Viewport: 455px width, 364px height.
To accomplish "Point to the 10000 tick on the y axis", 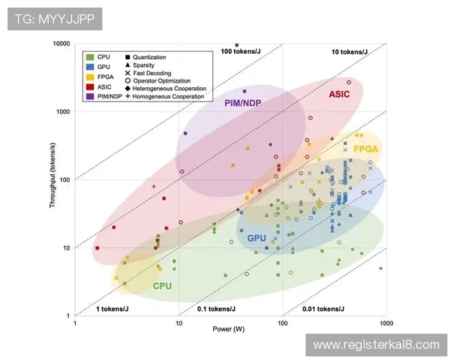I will click(61, 44).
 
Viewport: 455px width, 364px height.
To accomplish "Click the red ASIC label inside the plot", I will click(339, 94).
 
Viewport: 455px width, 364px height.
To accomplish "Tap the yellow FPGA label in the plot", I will click(366, 149).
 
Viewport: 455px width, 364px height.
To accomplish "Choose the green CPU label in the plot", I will click(162, 286).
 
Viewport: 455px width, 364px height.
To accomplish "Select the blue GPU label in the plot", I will click(256, 238).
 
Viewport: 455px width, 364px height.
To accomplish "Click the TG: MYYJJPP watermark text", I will click(54, 19).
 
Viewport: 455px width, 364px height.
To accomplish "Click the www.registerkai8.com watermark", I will click(376, 345).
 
